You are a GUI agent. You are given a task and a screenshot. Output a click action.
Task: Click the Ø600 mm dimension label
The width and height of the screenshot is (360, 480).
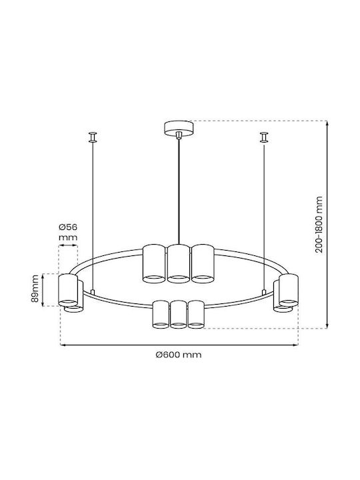179,355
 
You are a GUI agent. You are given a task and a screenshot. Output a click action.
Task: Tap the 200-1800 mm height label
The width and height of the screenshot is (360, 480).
319,225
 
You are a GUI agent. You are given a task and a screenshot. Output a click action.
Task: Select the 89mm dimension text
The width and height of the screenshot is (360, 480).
35,289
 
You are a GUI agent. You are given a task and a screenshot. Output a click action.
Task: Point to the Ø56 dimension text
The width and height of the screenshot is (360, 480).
67,227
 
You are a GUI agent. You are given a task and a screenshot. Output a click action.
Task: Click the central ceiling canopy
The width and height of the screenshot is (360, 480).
179,129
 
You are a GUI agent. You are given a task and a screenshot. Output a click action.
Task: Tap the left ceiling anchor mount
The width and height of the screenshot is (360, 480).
93,137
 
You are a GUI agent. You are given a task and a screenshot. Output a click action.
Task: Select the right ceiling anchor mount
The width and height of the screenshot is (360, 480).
264,137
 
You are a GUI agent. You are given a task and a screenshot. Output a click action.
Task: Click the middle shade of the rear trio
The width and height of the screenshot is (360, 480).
179,263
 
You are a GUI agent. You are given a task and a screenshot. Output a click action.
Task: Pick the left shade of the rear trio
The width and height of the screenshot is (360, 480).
154,263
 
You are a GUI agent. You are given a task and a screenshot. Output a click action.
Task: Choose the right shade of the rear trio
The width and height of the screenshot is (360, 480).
202,263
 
